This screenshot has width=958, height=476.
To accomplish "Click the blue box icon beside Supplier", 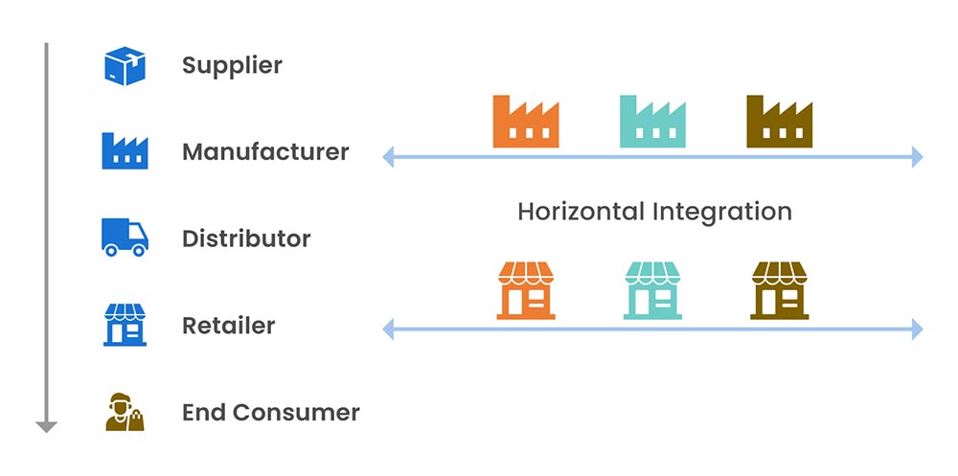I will (125, 66).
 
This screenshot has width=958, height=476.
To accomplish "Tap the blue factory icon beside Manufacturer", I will (125, 151).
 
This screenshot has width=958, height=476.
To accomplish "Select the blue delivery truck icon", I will (125, 238).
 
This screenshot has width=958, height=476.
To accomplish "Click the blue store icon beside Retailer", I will (125, 325).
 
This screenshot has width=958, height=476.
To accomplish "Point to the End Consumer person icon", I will (125, 412).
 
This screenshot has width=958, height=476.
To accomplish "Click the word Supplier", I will (232, 66).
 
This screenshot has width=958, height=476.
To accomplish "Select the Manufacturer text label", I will (265, 152).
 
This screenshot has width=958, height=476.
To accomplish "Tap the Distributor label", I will (246, 238).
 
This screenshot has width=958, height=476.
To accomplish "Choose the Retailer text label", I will (228, 326).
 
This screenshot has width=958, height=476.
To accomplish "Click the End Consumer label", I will (270, 413).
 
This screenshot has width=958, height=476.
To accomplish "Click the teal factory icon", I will (652, 122).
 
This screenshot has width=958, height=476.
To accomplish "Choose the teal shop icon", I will (652, 290).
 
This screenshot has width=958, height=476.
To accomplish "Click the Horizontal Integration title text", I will (654, 212).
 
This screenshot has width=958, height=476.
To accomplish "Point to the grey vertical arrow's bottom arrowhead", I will (46, 426).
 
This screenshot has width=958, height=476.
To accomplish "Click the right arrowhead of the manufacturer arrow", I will (917, 156).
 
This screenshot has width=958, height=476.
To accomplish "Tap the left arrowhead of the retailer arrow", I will (388, 330).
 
